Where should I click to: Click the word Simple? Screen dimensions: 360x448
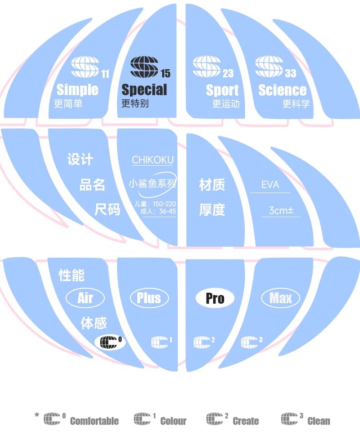pyautogui.click(x=77, y=90)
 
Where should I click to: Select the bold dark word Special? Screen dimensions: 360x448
pyautogui.click(x=144, y=90)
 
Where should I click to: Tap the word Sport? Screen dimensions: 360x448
pyautogui.click(x=222, y=90)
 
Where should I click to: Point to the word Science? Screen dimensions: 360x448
pyautogui.click(x=283, y=90)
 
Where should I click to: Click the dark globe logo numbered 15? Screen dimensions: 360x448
pyautogui.click(x=144, y=67)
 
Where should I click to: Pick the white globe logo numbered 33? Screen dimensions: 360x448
pyautogui.click(x=269, y=67)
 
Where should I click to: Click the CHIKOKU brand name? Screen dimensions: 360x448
pyautogui.click(x=153, y=160)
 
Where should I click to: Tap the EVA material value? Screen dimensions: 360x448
pyautogui.click(x=270, y=185)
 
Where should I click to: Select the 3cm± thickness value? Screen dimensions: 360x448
pyautogui.click(x=281, y=210)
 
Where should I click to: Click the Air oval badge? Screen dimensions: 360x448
pyautogui.click(x=85, y=298)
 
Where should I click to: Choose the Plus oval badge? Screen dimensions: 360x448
pyautogui.click(x=149, y=298)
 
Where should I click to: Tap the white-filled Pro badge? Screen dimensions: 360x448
pyautogui.click(x=215, y=298)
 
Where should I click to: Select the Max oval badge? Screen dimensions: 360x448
pyautogui.click(x=280, y=298)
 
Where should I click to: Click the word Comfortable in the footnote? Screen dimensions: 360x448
pyautogui.click(x=94, y=421)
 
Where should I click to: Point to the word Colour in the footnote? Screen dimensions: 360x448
pyautogui.click(x=173, y=421)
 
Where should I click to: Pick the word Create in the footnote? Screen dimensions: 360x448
pyautogui.click(x=246, y=421)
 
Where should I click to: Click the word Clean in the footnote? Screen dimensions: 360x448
pyautogui.click(x=319, y=421)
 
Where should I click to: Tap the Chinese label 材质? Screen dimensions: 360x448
pyautogui.click(x=212, y=185)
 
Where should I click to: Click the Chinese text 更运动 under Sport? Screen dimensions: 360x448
pyautogui.click(x=226, y=104)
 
